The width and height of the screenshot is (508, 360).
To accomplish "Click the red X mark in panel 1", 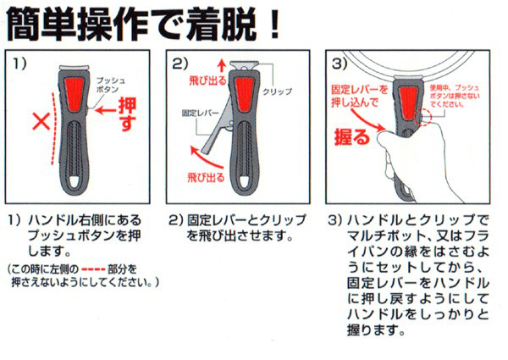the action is pos(41,121).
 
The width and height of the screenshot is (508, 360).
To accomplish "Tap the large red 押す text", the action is pos(127,114).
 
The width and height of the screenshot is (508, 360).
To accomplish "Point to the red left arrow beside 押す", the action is pos(105,110).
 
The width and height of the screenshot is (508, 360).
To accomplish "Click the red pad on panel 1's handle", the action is pos(75,93).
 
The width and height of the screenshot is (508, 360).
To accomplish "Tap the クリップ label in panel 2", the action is pos(278,91).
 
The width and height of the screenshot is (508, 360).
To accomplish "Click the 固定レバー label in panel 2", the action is pos(200,113).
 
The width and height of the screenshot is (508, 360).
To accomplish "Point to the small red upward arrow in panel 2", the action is pos(222,65).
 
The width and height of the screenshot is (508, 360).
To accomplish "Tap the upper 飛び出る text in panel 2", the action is pos(207,80).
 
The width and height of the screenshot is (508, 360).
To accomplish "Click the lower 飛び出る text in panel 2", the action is pos(206,177).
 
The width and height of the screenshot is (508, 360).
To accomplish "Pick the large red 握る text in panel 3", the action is pos(352,137).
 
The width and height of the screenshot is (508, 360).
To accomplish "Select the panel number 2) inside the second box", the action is pos(179,64).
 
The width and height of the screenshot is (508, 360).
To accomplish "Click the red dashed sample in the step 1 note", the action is pos(93,269).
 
